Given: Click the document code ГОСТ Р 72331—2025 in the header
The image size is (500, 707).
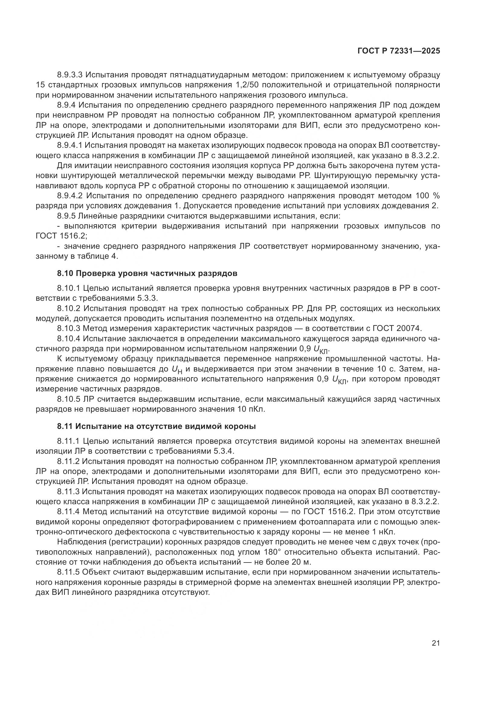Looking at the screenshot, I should pos(399,51).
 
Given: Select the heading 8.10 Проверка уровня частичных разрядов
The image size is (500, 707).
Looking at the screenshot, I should pos(147,274).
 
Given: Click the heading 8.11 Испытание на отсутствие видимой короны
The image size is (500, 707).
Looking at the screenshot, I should pos(156,426).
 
